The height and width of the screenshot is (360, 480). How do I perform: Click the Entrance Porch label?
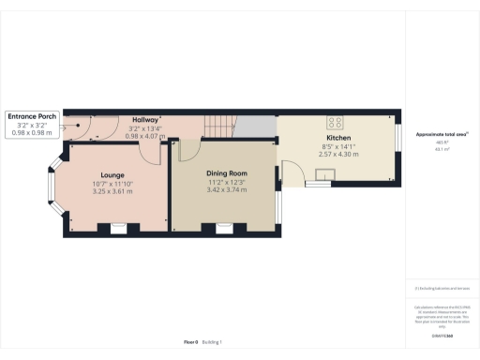tap(33, 116)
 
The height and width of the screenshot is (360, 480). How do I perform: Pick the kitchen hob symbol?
tap(334, 120)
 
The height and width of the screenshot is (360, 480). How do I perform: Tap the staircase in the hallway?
tap(221, 126)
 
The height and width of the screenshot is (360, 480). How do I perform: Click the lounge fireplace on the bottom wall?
tap(119, 227)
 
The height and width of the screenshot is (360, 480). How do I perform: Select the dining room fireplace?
tap(225, 227)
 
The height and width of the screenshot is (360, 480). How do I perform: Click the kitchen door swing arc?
tap(292, 170)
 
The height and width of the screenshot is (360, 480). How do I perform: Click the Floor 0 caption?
tap(190, 342)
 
